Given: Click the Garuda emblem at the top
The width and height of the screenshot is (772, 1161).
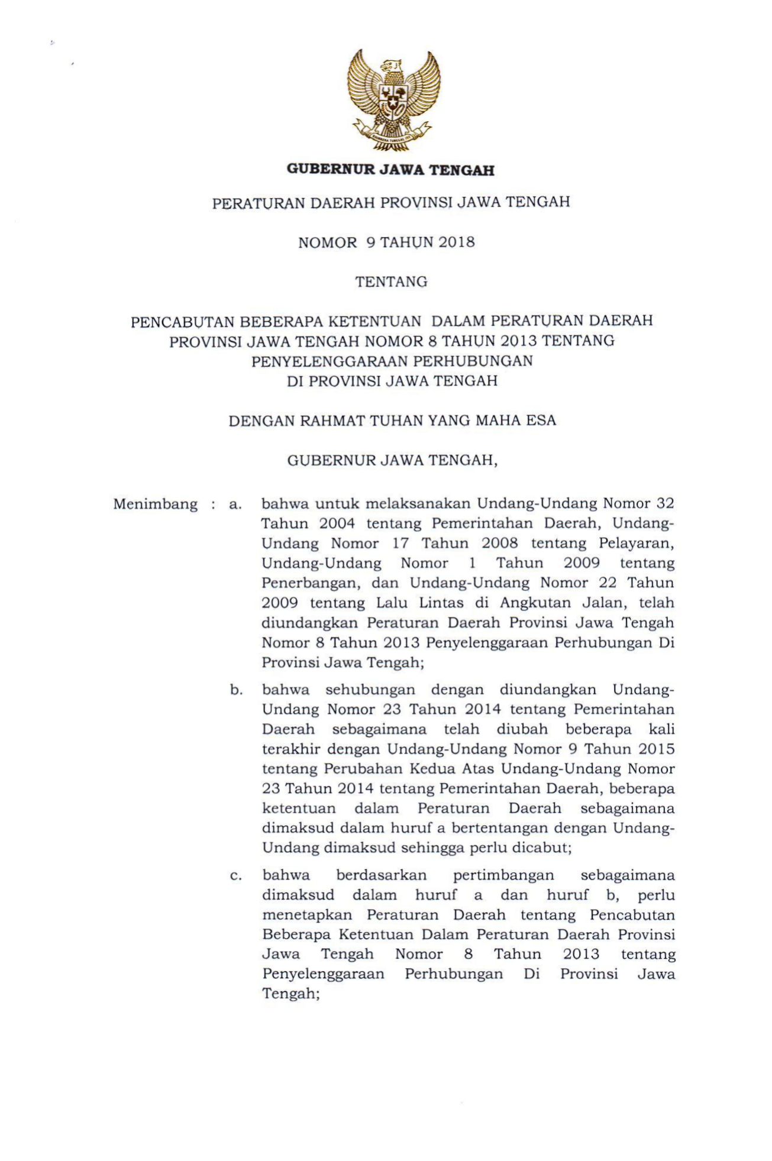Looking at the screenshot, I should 393,99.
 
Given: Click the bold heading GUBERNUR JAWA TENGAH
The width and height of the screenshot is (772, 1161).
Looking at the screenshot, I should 390,170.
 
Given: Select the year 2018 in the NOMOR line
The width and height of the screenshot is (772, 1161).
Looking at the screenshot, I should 457,242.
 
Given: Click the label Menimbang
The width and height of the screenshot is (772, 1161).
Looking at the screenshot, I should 155,504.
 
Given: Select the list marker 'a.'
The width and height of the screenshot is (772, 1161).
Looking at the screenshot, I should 236,505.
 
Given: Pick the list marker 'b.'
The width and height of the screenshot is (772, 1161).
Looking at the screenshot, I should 237,690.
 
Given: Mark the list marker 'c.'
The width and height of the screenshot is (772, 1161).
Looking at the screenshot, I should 236,876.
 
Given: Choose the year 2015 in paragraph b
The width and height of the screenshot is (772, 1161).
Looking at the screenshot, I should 657,749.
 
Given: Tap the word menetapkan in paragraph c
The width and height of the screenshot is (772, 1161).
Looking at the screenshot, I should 307,915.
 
